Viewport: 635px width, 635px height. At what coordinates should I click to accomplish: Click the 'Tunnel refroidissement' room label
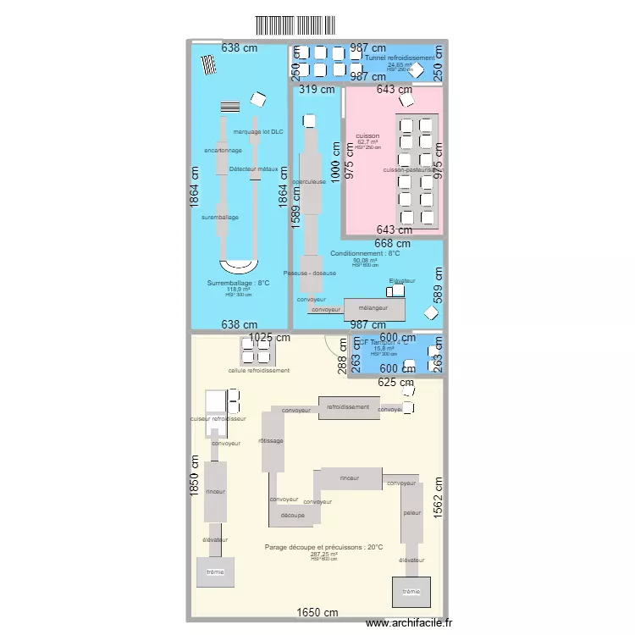coord(400,58)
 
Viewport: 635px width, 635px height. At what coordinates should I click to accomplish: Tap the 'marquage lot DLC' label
coord(258,132)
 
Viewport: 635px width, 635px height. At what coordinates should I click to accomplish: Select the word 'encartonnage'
coord(224,151)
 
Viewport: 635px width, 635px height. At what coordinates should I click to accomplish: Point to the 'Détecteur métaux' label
coord(253,169)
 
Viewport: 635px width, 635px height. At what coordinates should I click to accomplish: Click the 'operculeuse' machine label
coord(309,182)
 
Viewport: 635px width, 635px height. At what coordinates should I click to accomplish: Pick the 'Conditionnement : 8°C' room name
coord(365,253)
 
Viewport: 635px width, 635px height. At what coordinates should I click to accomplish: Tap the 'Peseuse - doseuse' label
coord(310,273)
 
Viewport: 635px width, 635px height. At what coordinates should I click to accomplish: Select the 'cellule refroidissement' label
coord(259,371)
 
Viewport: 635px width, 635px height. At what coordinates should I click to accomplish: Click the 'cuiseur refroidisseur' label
coord(218,419)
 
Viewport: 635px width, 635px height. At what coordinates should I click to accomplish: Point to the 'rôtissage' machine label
coord(271,440)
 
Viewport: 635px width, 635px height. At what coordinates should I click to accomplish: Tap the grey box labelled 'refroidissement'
coord(348,407)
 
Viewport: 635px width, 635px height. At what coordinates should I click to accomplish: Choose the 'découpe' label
coord(293,515)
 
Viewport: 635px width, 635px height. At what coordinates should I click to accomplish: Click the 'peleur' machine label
coord(412,513)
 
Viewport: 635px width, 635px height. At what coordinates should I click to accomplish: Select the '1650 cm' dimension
coord(317,613)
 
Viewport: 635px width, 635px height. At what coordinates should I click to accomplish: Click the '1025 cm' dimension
coord(269,338)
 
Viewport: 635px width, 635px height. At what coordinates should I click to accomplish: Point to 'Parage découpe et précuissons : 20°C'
coord(324,547)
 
